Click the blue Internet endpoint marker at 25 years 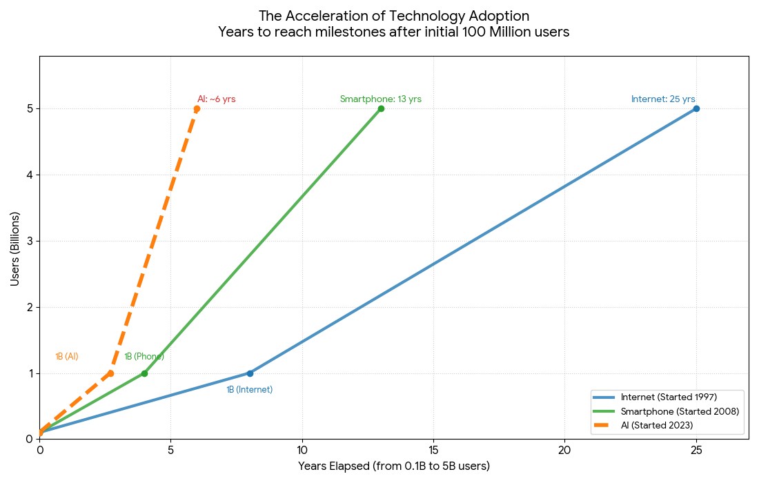pyautogui.click(x=696, y=108)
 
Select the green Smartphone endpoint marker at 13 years pyautogui.click(x=381, y=108)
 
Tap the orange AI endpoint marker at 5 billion pyautogui.click(x=197, y=108)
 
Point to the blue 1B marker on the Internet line pyautogui.click(x=250, y=373)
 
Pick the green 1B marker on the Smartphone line pyautogui.click(x=144, y=373)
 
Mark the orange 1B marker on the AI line pyautogui.click(x=110, y=373)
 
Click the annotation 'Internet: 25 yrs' pyautogui.click(x=662, y=99)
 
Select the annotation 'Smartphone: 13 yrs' pyautogui.click(x=380, y=99)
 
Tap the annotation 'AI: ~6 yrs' pyautogui.click(x=216, y=99)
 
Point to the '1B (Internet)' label pyautogui.click(x=249, y=390)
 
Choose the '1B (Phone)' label pyautogui.click(x=144, y=357)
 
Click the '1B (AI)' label pyautogui.click(x=67, y=357)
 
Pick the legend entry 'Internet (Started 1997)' pyautogui.click(x=669, y=397)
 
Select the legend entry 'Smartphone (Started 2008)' pyautogui.click(x=680, y=411)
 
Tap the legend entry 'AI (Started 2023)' pyautogui.click(x=656, y=425)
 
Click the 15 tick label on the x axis pyautogui.click(x=433, y=450)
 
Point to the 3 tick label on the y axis pyautogui.click(x=30, y=241)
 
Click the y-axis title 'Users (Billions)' pyautogui.click(x=15, y=249)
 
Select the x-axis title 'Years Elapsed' pyautogui.click(x=394, y=466)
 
